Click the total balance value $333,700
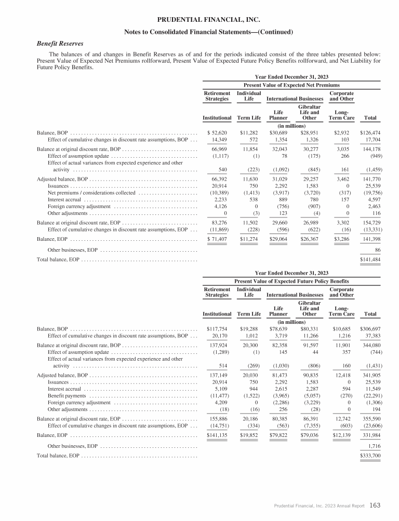tap(370, 455)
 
